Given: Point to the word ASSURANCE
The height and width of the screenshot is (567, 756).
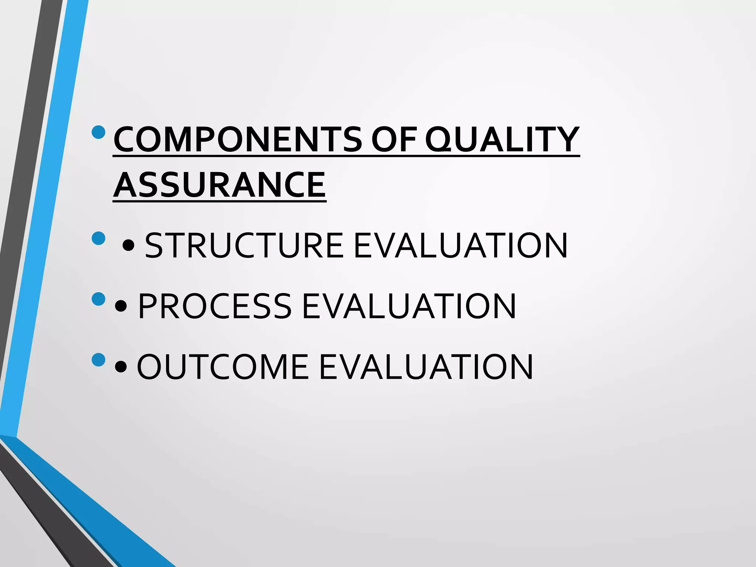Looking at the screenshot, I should click(219, 185).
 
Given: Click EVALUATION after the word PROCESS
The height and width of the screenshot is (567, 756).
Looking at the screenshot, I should click(409, 306).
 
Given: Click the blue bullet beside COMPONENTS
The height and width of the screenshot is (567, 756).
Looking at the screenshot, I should click(99, 132).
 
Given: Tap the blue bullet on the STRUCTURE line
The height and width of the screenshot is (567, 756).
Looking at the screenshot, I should click(99, 238).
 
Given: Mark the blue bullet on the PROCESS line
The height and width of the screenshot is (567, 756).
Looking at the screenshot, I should click(99, 299).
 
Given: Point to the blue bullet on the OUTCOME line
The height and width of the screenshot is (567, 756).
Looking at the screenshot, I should click(99, 360).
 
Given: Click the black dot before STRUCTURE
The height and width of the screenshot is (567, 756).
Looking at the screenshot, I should click(128, 245).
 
